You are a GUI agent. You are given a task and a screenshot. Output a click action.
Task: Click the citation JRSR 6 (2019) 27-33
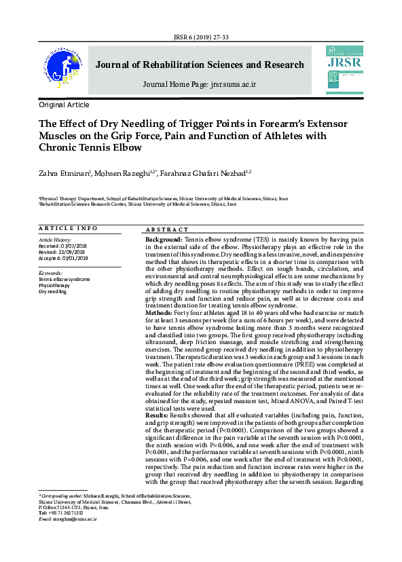(x=200, y=38)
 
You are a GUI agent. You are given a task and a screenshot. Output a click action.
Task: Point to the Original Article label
(x=64, y=105)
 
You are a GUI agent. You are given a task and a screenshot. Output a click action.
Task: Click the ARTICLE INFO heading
(x=68, y=229)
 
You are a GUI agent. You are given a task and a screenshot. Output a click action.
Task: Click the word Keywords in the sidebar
(x=52, y=273)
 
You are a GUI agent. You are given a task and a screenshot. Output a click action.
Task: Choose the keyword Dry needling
(x=52, y=292)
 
